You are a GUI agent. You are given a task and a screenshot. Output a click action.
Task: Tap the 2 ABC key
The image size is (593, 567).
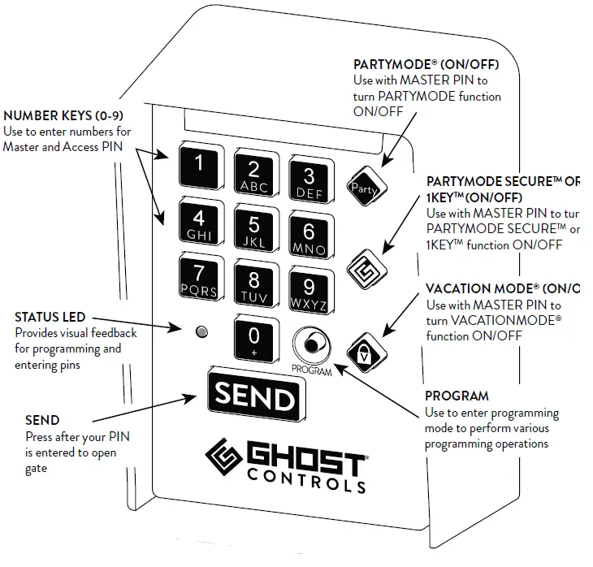pos(253,174)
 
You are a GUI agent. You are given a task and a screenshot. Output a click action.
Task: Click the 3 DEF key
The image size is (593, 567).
pos(309,180)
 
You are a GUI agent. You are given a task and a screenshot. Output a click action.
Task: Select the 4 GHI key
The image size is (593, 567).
pos(198,223)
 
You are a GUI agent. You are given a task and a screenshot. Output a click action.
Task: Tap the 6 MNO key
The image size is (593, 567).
pos(309,236)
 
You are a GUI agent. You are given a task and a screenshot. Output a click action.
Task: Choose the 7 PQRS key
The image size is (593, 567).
pos(198,279)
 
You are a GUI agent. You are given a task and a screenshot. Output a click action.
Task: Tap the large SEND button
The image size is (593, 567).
pos(253,397)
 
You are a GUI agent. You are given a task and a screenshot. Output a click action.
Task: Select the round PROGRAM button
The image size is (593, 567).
pos(309,345)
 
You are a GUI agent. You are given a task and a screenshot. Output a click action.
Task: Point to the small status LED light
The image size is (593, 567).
pos(202,331)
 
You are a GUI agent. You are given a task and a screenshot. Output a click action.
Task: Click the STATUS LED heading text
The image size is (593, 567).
pos(50,316)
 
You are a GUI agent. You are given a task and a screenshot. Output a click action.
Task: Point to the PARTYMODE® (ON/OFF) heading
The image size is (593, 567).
pos(426,64)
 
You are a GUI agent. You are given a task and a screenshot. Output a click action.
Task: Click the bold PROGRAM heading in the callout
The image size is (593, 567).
pos(457,396)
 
